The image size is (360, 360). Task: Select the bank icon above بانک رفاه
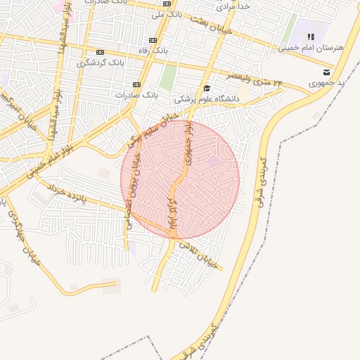click(x=154, y=39)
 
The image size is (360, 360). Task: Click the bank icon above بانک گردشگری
click(x=100, y=51)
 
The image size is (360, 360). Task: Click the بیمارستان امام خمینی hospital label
click(x=320, y=48)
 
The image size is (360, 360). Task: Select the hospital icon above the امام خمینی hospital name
click(x=310, y=37)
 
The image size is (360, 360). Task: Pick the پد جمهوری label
click(x=327, y=83)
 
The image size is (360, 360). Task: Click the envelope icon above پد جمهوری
click(x=326, y=72)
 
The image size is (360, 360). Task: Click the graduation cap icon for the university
click(x=207, y=88)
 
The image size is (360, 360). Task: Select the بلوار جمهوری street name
click(x=188, y=145)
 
